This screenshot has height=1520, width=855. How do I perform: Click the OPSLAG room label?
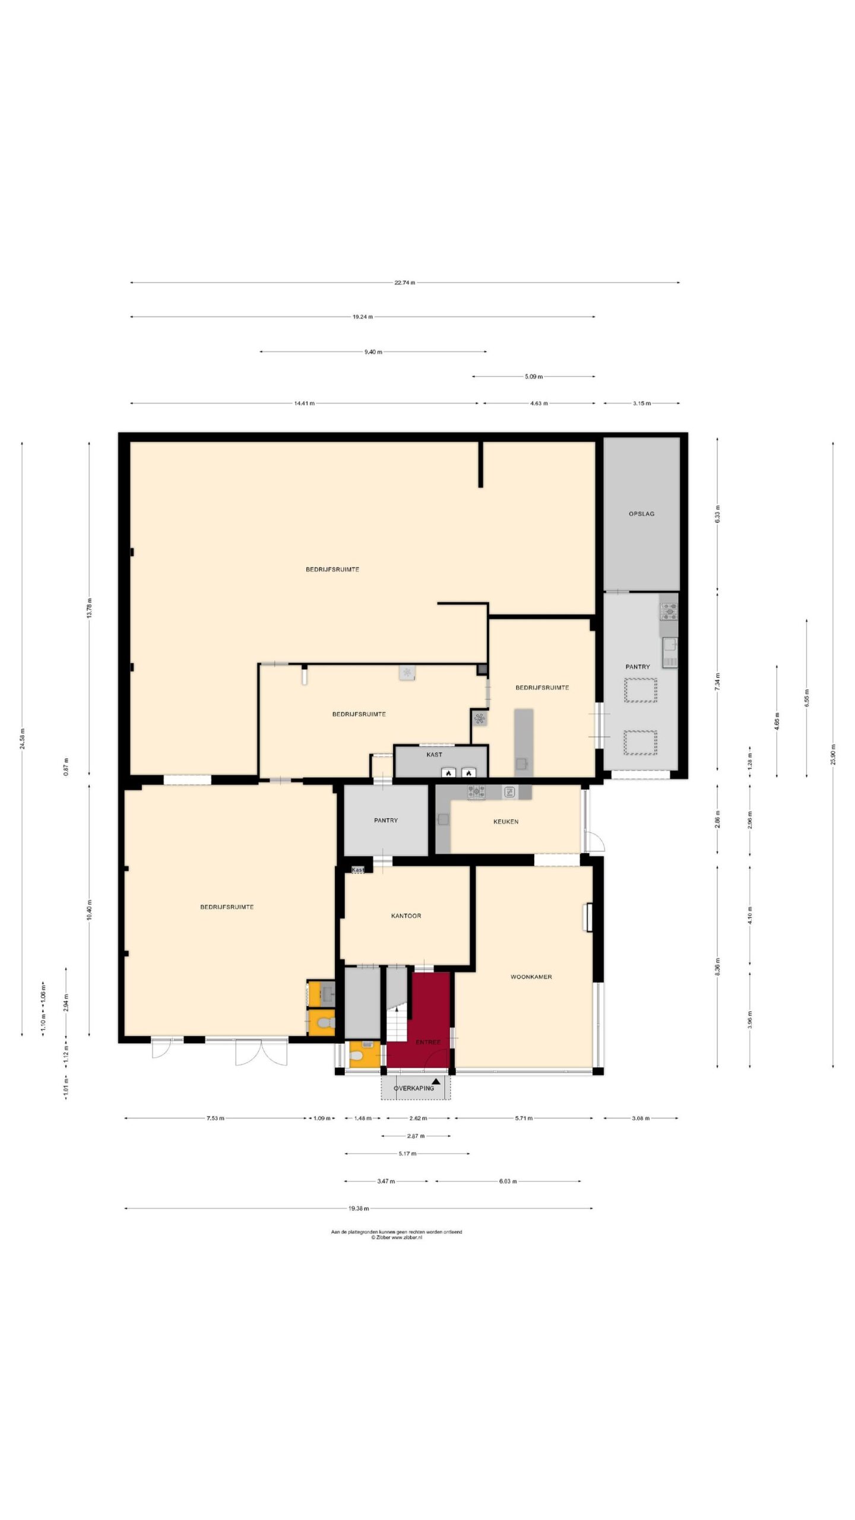click(x=641, y=514)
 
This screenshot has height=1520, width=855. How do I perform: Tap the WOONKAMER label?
click(x=531, y=977)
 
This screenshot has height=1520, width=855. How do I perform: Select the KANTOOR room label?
click(x=406, y=916)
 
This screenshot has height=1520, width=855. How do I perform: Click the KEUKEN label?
click(x=506, y=822)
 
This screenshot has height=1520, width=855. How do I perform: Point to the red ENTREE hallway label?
click(x=428, y=1042)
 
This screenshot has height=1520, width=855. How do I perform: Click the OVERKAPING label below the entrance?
click(x=414, y=1088)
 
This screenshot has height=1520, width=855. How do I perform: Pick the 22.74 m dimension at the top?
click(x=404, y=283)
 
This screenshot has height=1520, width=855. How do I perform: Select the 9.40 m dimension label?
click(x=373, y=352)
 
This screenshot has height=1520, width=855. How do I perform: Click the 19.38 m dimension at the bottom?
click(x=359, y=1208)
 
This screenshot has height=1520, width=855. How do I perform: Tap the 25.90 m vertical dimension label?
click(x=833, y=754)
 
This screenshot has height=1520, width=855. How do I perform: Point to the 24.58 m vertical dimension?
click(x=23, y=739)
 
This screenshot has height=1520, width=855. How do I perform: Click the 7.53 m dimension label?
click(x=215, y=1119)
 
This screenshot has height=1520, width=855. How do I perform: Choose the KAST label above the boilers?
click(x=434, y=755)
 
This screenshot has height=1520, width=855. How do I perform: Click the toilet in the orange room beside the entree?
click(x=357, y=1056)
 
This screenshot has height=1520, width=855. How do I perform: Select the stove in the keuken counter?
click(x=476, y=791)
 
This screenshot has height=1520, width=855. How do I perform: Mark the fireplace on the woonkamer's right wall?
click(x=590, y=917)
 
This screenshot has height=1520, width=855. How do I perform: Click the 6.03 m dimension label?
click(x=508, y=1182)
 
